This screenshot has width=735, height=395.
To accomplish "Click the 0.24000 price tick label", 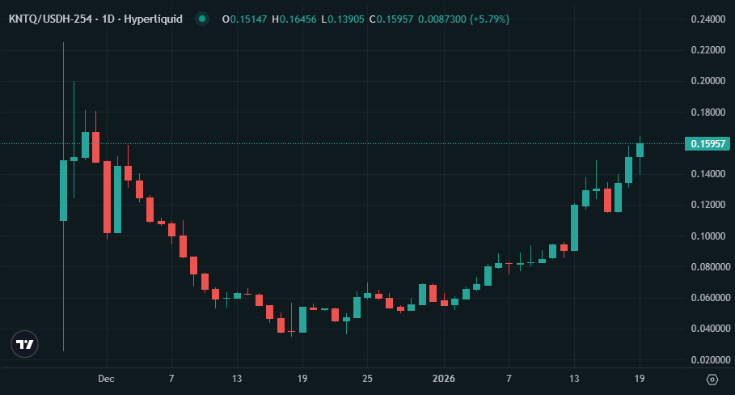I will click(x=706, y=19).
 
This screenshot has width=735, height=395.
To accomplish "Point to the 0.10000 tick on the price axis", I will click(x=706, y=236).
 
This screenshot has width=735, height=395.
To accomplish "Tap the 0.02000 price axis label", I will click(x=706, y=360).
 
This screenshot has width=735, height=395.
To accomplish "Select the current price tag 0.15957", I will click(x=708, y=144).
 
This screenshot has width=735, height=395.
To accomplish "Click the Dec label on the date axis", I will click(x=106, y=379).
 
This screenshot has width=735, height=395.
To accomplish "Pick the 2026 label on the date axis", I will click(x=443, y=379).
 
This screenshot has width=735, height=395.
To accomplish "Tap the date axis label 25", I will click(x=367, y=379).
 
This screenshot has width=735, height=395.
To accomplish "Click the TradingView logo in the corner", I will click(x=26, y=344).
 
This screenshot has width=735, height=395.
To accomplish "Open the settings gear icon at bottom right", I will click(x=712, y=379).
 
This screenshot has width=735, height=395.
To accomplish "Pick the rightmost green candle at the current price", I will click(x=640, y=150).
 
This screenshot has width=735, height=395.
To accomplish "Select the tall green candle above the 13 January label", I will click(x=574, y=227).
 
